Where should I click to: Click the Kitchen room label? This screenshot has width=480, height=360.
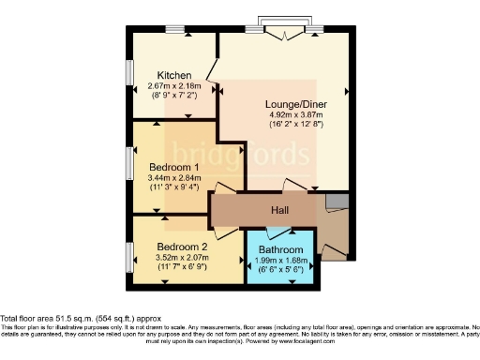pyautogui.click(x=175, y=76)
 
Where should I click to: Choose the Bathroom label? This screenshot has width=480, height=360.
pyautogui.click(x=282, y=250)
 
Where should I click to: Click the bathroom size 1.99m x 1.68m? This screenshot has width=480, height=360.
pyautogui.click(x=282, y=261)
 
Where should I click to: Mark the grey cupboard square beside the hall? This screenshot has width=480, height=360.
pyautogui.click(x=337, y=202)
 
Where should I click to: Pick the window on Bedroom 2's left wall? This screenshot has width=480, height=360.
pyautogui.click(x=129, y=254)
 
